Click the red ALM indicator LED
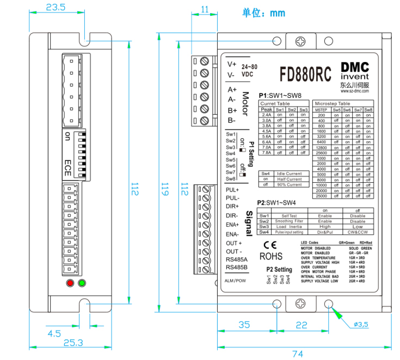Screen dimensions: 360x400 point(70,283)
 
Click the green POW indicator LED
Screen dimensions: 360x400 point(82,283)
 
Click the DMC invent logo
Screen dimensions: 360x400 point(355,72)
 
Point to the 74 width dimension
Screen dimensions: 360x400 point(297,353)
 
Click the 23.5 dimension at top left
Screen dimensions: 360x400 point(56,8)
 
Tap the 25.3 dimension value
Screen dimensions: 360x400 point(73,343)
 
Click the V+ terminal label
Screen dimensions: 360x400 point(232,64)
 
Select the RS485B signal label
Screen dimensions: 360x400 point(237,268)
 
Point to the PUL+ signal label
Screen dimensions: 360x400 point(233,190)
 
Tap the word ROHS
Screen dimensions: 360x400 point(270,256)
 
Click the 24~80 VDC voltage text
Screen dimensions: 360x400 point(249,70)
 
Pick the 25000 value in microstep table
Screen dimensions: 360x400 point(322,196)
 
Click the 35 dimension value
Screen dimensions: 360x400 point(244,325)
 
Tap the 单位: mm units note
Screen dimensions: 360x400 point(263,13)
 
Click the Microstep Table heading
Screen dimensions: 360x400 point(333,103)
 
